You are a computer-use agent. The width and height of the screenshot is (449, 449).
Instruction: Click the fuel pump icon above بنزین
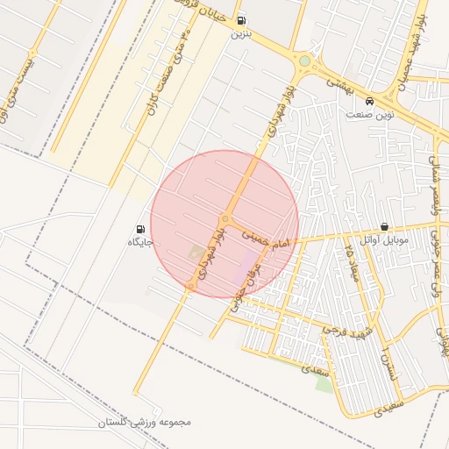tap(242, 21)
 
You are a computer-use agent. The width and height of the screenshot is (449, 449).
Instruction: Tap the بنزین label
tap(241, 36)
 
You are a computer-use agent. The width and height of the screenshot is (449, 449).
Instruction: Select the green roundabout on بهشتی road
tap(304, 61)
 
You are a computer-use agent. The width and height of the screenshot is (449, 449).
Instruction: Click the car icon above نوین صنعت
tap(370, 101)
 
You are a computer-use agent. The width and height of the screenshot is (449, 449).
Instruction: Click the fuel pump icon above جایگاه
tap(142, 228)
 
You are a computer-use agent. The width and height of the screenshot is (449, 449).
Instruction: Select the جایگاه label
tap(141, 242)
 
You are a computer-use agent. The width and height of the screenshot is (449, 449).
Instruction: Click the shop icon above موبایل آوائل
tap(385, 226)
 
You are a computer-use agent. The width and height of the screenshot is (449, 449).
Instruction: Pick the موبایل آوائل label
tap(380, 239)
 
